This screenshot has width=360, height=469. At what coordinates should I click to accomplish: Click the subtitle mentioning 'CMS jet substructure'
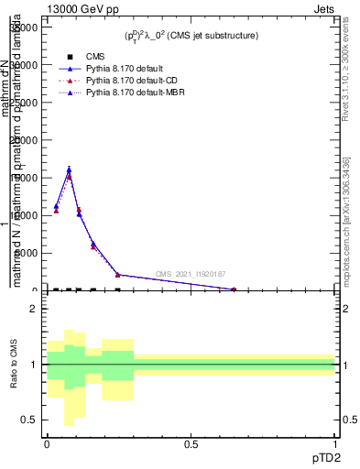[191, 36]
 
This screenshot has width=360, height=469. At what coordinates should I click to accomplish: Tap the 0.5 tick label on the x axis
[191, 444]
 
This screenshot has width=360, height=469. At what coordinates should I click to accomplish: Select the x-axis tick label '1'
[334, 444]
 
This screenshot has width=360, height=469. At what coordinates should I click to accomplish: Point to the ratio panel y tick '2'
[34, 309]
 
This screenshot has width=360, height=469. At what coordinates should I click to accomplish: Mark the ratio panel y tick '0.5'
[31, 420]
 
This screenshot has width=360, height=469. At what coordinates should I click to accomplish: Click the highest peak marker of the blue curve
[69, 169]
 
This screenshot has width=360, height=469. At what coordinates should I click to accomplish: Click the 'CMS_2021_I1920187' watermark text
[191, 273]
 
